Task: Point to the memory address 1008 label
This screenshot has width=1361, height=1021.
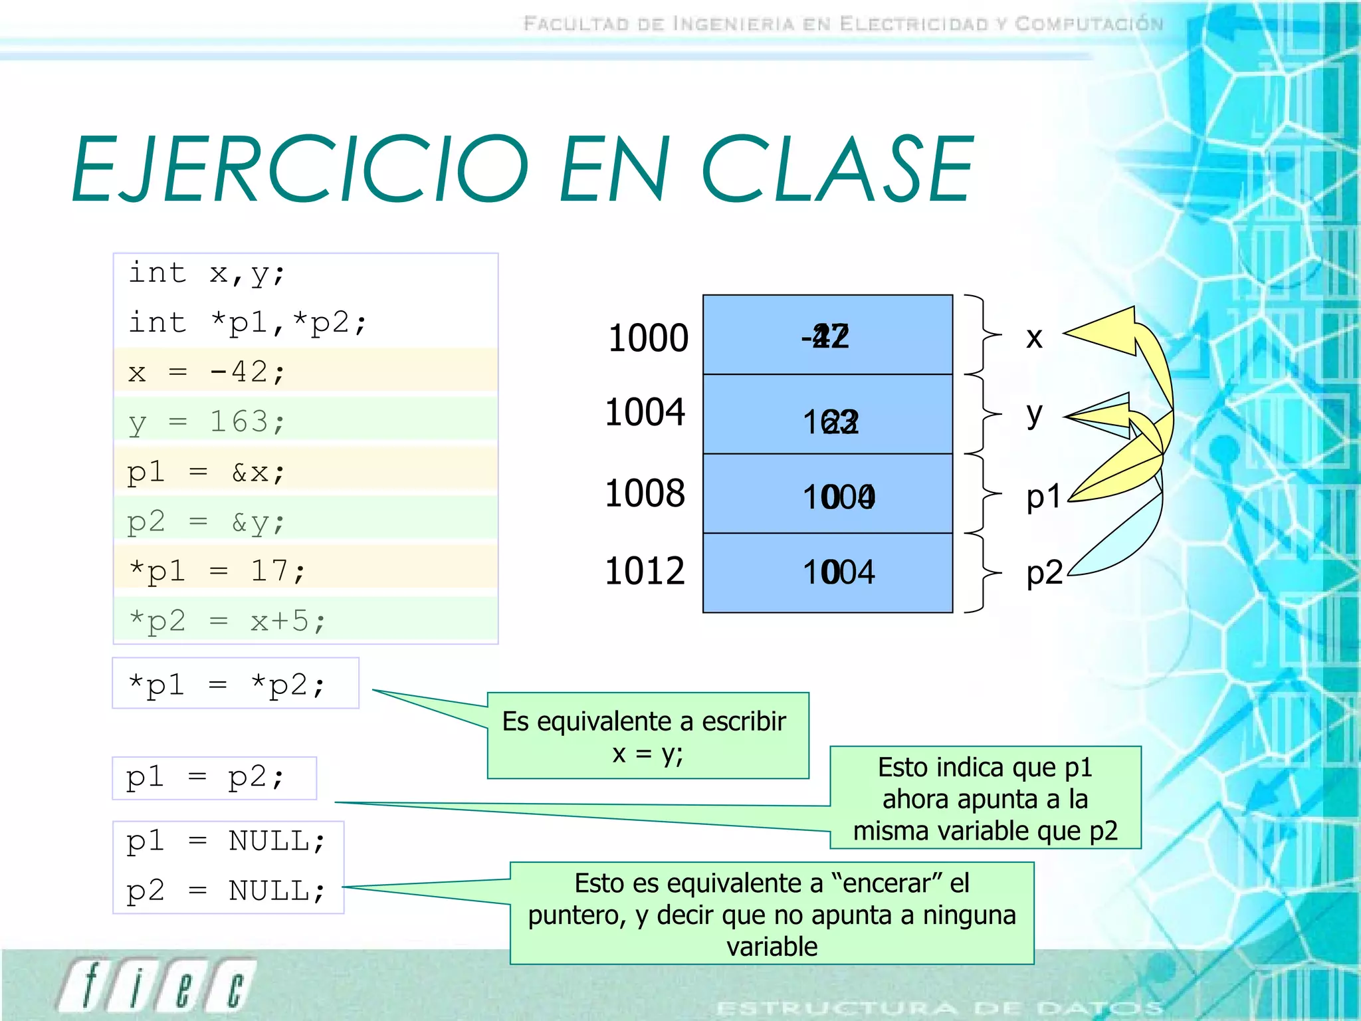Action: point(645,493)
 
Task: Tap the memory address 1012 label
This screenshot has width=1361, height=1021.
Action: point(645,571)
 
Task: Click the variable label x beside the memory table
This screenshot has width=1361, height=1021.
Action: point(1034,338)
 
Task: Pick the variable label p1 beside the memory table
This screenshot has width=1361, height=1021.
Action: point(1043,497)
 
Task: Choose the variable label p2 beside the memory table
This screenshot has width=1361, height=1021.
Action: point(1044,572)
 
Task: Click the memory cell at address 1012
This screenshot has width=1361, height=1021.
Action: point(827,572)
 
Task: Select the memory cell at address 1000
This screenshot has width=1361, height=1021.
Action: point(827,335)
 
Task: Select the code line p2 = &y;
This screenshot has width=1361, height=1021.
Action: point(206,522)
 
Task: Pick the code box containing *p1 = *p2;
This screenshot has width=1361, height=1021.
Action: point(235,684)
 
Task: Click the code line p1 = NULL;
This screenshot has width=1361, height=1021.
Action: point(226,842)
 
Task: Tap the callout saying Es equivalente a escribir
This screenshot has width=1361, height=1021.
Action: point(647,736)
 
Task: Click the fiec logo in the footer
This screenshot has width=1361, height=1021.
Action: point(157,985)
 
